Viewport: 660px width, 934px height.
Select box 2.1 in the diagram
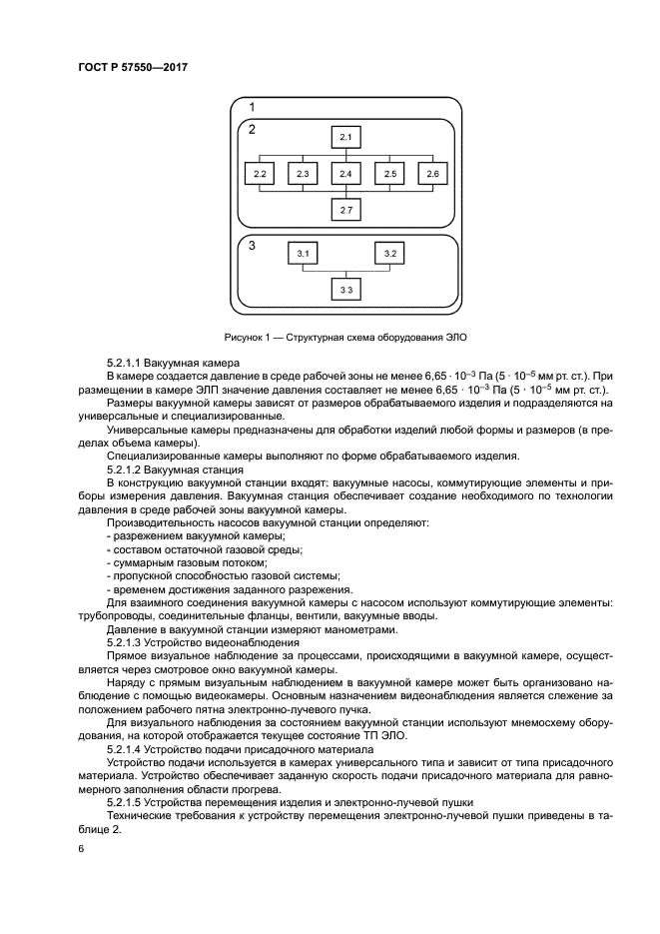tap(345, 137)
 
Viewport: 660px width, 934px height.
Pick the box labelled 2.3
tap(303, 174)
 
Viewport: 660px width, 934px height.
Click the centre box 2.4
tap(345, 174)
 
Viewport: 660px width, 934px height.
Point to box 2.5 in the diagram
tap(389, 174)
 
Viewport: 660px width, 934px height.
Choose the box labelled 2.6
tap(432, 174)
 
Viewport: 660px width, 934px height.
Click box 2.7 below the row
tap(345, 211)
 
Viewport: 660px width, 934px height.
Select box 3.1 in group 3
tap(303, 254)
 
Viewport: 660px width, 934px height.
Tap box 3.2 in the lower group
tap(389, 254)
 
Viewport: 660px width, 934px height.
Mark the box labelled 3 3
tap(345, 290)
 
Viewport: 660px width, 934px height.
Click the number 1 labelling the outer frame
tap(252, 107)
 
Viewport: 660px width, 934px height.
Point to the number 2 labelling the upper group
tap(252, 129)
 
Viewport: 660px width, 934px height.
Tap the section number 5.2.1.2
tap(127, 468)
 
